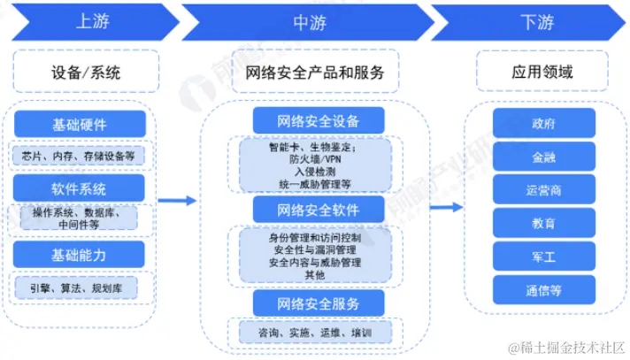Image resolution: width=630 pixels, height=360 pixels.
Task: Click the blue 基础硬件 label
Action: tap(80, 123)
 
